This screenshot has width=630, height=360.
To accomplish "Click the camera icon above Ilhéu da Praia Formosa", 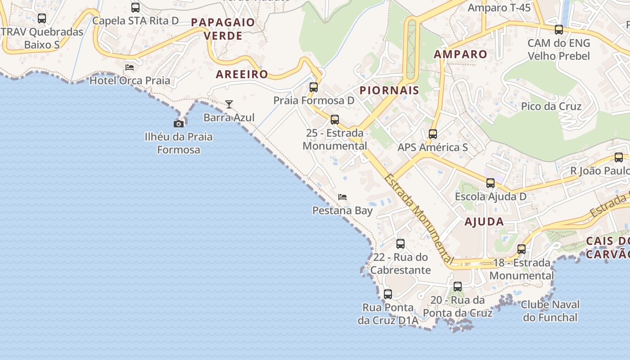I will point(179,124).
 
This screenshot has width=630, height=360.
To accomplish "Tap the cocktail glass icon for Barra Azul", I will point(229,104).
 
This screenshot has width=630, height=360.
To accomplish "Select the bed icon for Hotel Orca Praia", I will point(130,67).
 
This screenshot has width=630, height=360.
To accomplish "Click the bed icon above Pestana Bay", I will point(342,197).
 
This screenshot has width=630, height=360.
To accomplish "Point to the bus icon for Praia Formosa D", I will point(314,87).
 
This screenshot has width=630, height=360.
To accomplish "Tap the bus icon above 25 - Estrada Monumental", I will point(335,120).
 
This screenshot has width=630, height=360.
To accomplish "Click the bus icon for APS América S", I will point(433,134).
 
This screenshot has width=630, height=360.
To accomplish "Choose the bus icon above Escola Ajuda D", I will point(490,183).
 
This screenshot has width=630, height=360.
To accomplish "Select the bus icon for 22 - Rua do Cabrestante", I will point(400,244).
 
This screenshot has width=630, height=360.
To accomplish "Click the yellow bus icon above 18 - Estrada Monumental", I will point(522,249).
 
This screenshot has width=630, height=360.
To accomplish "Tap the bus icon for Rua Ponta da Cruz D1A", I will point(388,294).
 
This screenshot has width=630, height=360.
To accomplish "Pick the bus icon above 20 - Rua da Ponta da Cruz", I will point(458,287).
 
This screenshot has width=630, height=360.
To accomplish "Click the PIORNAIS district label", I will point(389,90).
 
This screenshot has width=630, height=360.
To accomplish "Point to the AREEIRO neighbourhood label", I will point(242,74).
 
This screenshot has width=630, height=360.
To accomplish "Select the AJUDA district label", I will point(484,221).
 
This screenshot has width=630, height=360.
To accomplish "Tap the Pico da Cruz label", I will point(551,107).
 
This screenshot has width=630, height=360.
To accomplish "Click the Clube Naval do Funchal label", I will point(550,311).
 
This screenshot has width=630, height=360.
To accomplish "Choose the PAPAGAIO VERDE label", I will point(223,29).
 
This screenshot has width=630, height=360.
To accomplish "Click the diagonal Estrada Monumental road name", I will point(418,218).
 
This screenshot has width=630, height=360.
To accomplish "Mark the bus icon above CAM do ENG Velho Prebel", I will point(559,30).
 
